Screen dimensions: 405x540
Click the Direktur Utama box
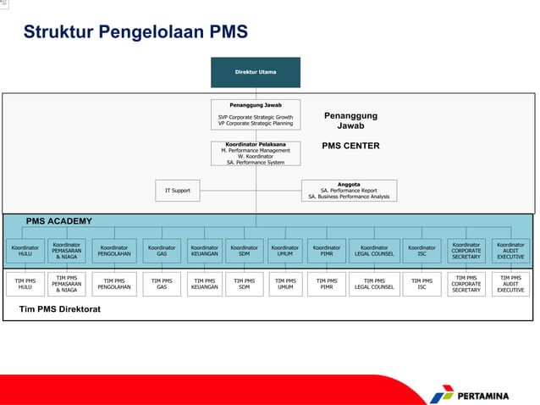coord(256,72)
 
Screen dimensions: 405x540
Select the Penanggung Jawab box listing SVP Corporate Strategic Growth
coord(256,116)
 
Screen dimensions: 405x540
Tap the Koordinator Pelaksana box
coord(256,153)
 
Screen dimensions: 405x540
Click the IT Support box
coord(177,191)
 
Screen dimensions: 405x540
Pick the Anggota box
coord(349,191)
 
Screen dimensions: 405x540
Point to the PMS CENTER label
coord(350,146)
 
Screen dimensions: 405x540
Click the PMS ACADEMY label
coord(58,221)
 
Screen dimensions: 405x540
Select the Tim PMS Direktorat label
coord(60,309)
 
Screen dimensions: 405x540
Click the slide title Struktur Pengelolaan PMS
coord(135,32)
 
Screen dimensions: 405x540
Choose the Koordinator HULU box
coord(25,251)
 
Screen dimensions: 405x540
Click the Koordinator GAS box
coord(162,251)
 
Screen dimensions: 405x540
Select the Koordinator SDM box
coord(245,251)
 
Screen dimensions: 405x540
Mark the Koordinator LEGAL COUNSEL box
coord(373,251)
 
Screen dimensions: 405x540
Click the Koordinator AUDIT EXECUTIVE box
coord(510,251)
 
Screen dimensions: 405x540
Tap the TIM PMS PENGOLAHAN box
coord(114,284)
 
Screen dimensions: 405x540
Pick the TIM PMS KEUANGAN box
coord(204,284)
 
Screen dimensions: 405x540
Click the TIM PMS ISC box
coord(422,284)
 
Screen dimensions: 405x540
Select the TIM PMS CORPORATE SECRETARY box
coord(466,284)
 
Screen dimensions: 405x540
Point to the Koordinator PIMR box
coord(327,251)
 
